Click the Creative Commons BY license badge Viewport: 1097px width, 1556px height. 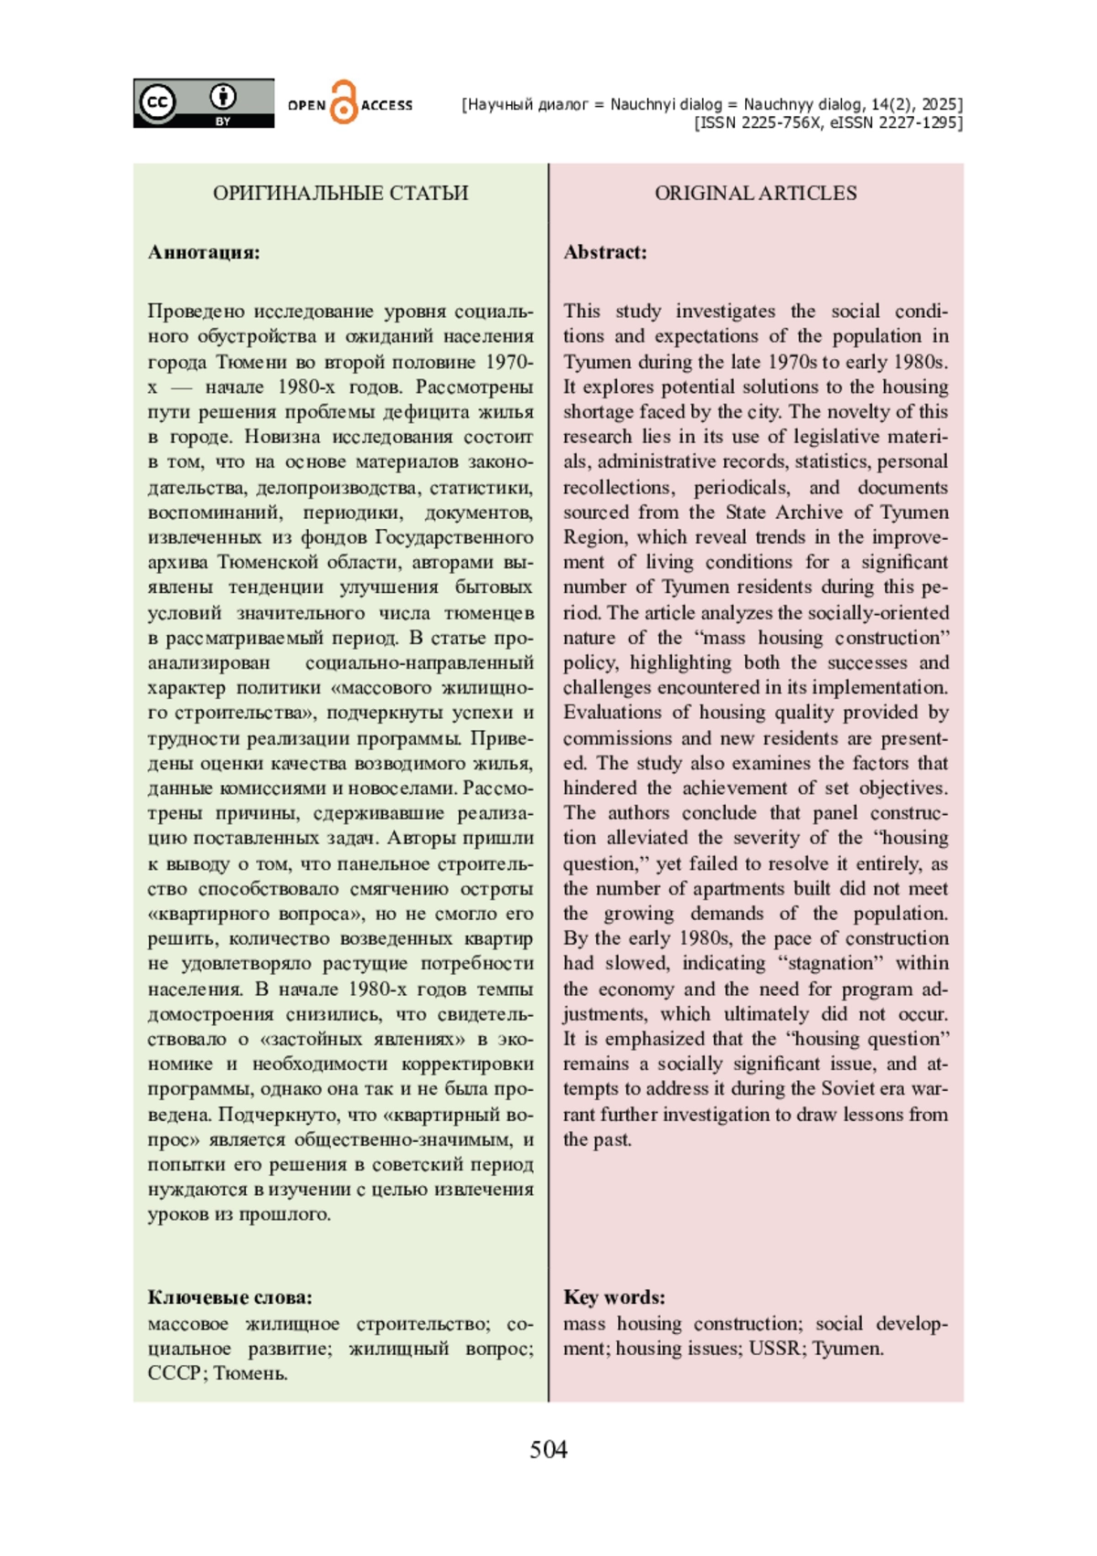click(x=203, y=103)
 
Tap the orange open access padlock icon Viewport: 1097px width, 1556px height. click(x=343, y=102)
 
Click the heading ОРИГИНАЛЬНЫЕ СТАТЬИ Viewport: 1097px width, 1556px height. click(x=340, y=193)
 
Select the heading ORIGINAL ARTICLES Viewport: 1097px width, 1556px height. click(x=755, y=193)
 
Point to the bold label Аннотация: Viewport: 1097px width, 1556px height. click(x=204, y=252)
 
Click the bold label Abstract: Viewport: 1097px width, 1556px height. click(x=605, y=252)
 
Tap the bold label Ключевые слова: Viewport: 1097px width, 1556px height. click(x=229, y=1297)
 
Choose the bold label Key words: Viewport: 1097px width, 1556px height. click(x=614, y=1297)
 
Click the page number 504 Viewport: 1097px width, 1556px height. click(x=548, y=1450)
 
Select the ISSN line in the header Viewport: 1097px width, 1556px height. click(x=828, y=122)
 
